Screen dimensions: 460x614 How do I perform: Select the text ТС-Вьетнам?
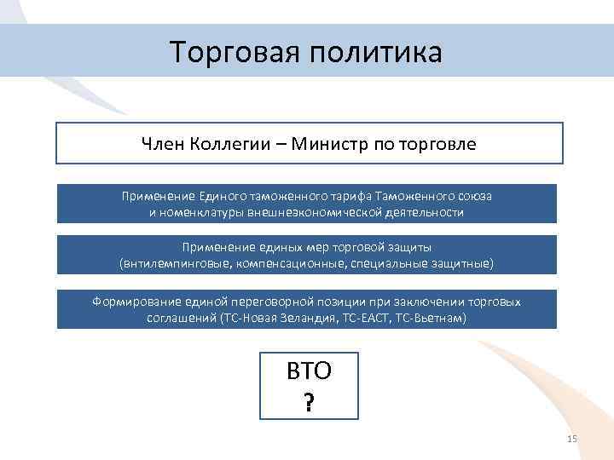435,318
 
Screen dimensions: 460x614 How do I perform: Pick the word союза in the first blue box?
475,196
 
